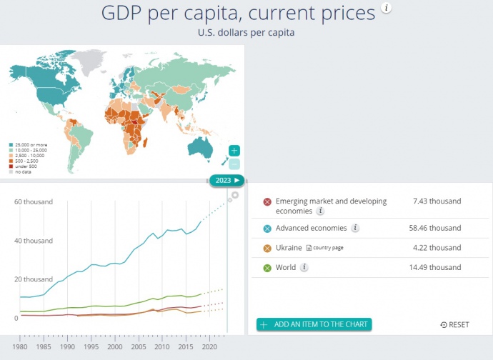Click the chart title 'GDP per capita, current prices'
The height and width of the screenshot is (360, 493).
(x=238, y=13)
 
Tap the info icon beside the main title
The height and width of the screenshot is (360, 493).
(x=387, y=9)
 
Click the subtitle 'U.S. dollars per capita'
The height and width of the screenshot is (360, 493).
(x=246, y=33)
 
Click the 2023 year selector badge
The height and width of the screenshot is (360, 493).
(x=226, y=180)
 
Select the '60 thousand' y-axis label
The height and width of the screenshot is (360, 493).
(x=34, y=202)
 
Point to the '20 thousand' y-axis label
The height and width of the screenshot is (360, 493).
(x=34, y=279)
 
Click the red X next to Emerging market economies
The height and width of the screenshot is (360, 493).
(x=267, y=202)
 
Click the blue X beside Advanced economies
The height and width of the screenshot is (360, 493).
(x=267, y=229)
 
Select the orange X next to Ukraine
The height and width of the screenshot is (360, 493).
(x=267, y=249)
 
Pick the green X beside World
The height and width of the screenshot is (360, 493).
(x=267, y=268)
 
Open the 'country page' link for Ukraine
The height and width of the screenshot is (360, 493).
(x=326, y=249)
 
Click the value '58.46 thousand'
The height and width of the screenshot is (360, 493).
(x=437, y=229)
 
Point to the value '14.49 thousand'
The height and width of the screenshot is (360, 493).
(x=437, y=268)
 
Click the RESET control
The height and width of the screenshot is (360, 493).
(x=455, y=325)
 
